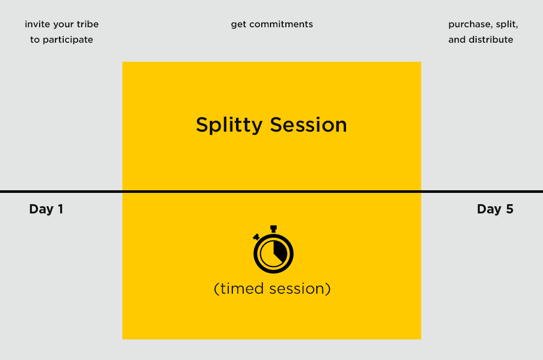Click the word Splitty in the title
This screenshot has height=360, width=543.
pyautogui.click(x=229, y=125)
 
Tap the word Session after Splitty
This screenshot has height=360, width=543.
pyautogui.click(x=308, y=125)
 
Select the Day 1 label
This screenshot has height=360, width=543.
pyautogui.click(x=46, y=209)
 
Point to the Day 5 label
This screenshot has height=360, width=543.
pyautogui.click(x=495, y=209)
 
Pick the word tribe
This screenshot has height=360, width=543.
pyautogui.click(x=87, y=24)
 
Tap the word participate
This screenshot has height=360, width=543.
pyautogui.click(x=67, y=40)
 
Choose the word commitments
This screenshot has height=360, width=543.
pyautogui.click(x=281, y=24)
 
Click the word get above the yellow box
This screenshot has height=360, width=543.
pyautogui.click(x=238, y=24)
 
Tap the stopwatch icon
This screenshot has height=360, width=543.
pyautogui.click(x=273, y=249)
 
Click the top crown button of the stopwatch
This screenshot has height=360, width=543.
pyautogui.click(x=273, y=229)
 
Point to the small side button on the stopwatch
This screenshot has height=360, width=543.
pyautogui.click(x=256, y=237)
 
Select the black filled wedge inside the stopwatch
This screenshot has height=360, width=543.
pyautogui.click(x=280, y=251)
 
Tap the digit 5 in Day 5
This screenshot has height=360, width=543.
pyautogui.click(x=510, y=209)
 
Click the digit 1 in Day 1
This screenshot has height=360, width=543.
pyautogui.click(x=61, y=209)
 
